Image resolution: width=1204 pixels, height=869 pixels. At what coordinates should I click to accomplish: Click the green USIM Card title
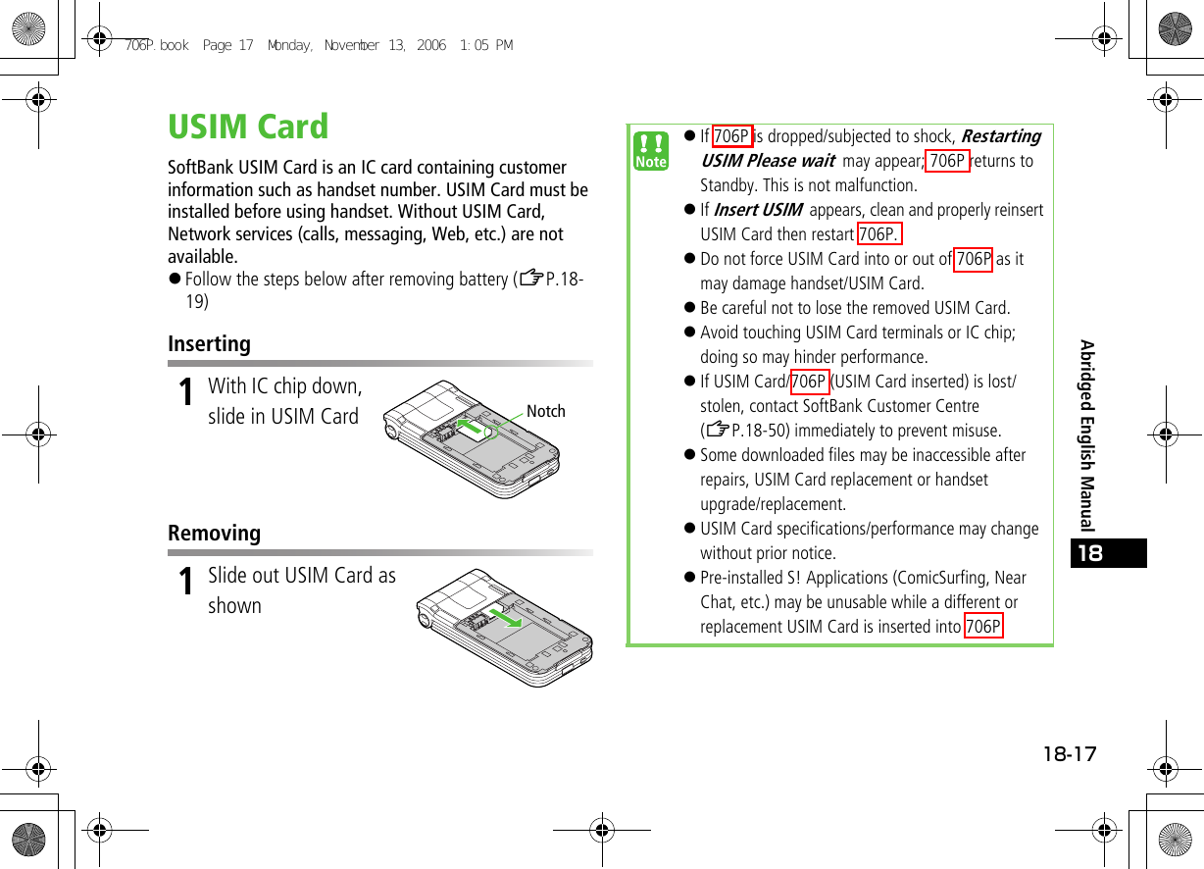pos(248,128)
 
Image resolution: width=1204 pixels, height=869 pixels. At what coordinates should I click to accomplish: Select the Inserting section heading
pos(209,344)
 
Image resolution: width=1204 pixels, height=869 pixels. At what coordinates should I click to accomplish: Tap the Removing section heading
pos(214,534)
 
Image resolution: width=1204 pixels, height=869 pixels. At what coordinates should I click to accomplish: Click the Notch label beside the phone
pos(545,411)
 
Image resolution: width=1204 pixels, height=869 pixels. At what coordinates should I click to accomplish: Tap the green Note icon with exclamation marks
pos(650,152)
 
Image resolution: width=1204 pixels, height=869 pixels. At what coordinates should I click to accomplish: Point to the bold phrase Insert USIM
pos(757,210)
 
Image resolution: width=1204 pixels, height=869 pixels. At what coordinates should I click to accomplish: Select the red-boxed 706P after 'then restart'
pos(878,234)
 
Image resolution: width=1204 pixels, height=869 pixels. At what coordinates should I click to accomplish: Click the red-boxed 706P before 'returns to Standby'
pos(946,161)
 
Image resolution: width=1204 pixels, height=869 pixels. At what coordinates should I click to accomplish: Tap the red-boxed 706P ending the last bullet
pos(982,627)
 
